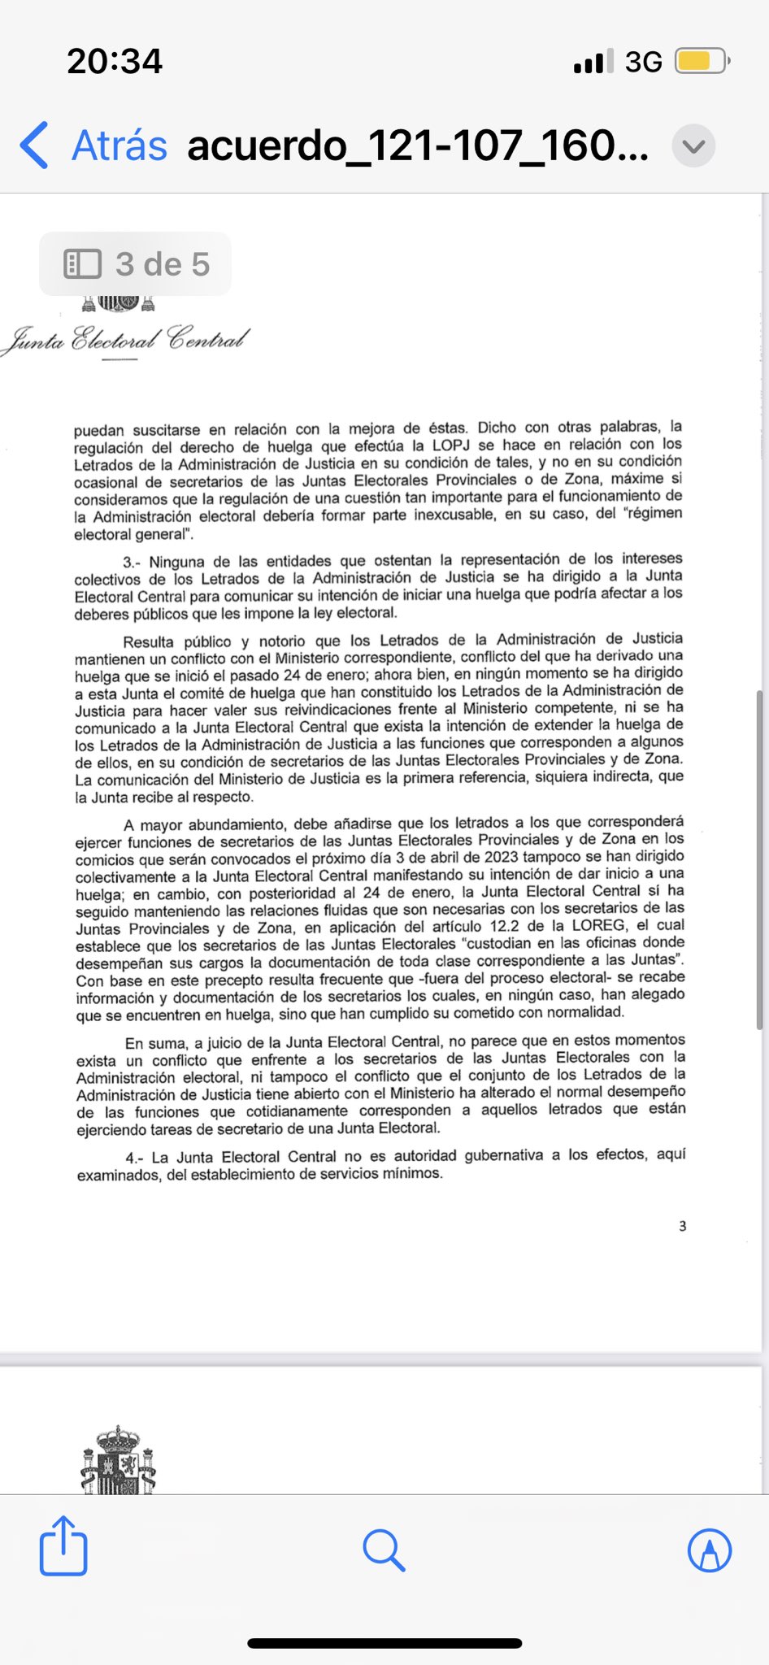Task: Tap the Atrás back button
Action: coord(93,146)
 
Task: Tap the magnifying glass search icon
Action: coord(384,1550)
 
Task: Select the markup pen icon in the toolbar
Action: coord(710,1550)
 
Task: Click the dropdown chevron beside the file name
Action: coord(693,146)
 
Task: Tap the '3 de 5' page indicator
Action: coord(136,264)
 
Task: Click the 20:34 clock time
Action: coord(115,61)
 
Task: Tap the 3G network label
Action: coord(643,62)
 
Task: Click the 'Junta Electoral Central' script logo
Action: coord(126,338)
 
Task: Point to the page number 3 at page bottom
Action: coord(683,1226)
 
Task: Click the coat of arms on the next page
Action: coord(119,1461)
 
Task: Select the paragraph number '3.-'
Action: coord(132,562)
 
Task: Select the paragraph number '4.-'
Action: coord(134,1158)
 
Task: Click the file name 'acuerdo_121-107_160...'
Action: coord(418,146)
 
